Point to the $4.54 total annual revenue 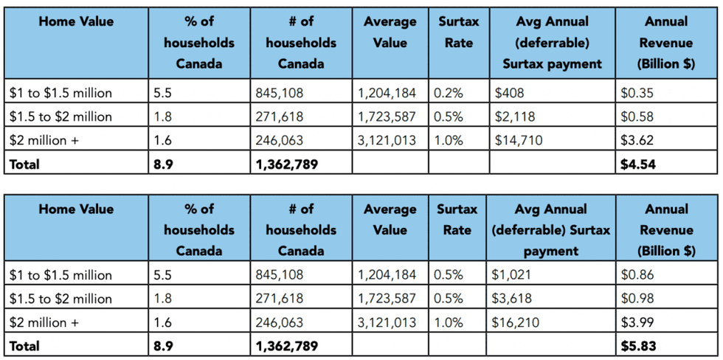click(638, 165)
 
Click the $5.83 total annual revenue click(638, 346)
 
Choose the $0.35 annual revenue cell click(637, 93)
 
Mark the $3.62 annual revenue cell click(637, 140)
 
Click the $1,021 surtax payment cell click(511, 275)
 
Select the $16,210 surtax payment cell click(515, 322)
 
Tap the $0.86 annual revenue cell click(637, 275)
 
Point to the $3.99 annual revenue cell click(637, 322)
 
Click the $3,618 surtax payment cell click(511, 299)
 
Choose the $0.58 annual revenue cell click(637, 117)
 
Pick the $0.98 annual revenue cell click(637, 299)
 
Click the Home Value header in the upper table click(76, 22)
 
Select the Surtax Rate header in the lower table click(457, 219)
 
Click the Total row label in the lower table click(25, 346)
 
